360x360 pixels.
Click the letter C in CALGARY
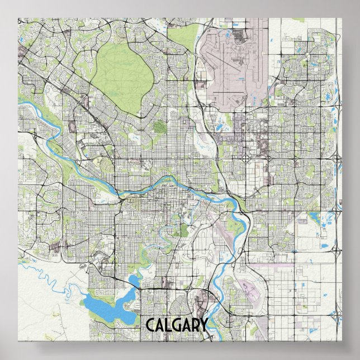151,325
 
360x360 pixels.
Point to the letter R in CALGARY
196,325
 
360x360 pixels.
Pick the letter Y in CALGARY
204,325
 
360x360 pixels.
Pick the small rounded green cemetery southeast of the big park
159,127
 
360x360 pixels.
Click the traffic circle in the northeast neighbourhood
247,159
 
